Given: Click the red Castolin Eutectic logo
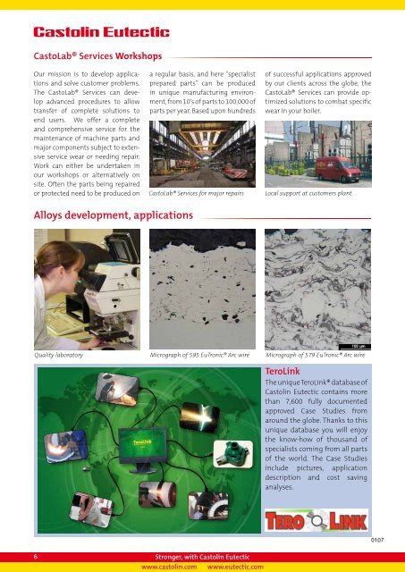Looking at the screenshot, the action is [101, 32].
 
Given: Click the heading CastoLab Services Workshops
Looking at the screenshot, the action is [97, 56].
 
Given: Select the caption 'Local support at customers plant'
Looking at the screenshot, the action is [308, 193].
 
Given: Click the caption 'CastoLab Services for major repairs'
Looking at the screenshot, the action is [197, 193].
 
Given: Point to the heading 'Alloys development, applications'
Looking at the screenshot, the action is [114, 215].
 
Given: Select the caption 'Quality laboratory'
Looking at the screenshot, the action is [59, 355].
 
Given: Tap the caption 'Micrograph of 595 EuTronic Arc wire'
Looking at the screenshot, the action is [199, 355].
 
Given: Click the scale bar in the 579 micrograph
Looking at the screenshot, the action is [354, 347].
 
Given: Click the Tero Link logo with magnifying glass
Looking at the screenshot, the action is [316, 520].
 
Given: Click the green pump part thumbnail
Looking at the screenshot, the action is [232, 453].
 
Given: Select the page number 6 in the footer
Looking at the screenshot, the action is [36, 557].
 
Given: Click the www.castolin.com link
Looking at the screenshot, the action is [169, 567].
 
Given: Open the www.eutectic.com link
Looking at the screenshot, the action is [235, 567].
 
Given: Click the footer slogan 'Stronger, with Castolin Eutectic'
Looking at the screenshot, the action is [202, 557].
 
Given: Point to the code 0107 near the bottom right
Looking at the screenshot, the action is [377, 540].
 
